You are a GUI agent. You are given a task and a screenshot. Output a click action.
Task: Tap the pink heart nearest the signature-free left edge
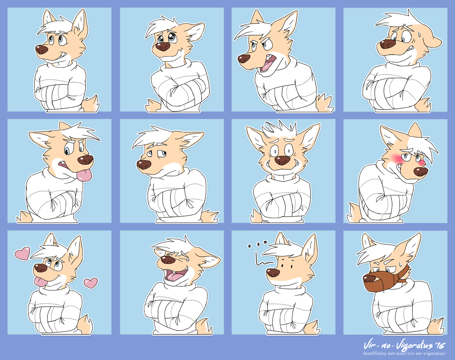point(22,253)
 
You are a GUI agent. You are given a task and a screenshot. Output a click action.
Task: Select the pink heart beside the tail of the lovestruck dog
point(91,283)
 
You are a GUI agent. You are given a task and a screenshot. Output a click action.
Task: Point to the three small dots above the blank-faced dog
point(257,244)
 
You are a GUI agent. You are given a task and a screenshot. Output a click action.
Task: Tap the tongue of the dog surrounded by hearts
point(41,281)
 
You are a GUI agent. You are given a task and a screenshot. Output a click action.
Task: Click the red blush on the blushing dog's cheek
point(396,158)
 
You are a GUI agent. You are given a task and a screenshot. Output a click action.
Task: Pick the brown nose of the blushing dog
point(421,172)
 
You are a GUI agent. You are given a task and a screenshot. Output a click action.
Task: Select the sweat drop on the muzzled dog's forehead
point(400,263)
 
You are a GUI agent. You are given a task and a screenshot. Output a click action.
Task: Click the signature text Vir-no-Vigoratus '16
point(404,345)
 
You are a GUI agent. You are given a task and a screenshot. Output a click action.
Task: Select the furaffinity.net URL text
point(404,354)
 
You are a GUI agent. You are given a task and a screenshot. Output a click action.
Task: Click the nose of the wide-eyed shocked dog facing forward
point(283,160)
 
